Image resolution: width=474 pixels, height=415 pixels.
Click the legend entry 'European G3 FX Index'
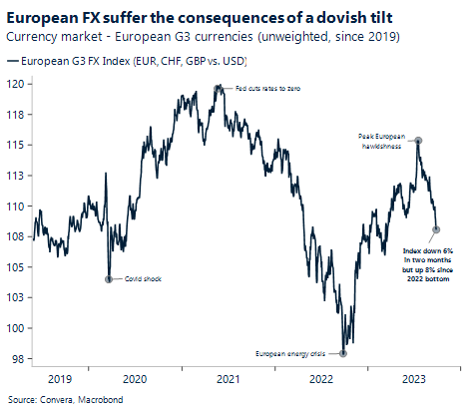[x=130, y=62]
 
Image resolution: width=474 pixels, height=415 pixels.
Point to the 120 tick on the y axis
[x=18, y=86]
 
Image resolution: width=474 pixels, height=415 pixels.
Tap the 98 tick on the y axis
[x=20, y=358]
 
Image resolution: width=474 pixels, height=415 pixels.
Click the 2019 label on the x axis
[x=60, y=379]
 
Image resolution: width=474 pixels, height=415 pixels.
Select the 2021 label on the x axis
[x=228, y=379]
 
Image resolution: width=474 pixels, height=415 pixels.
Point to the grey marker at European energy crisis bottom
[x=343, y=352]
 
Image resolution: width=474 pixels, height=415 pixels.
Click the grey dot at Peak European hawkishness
[x=418, y=141]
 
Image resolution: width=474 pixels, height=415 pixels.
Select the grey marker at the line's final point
[x=436, y=229]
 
